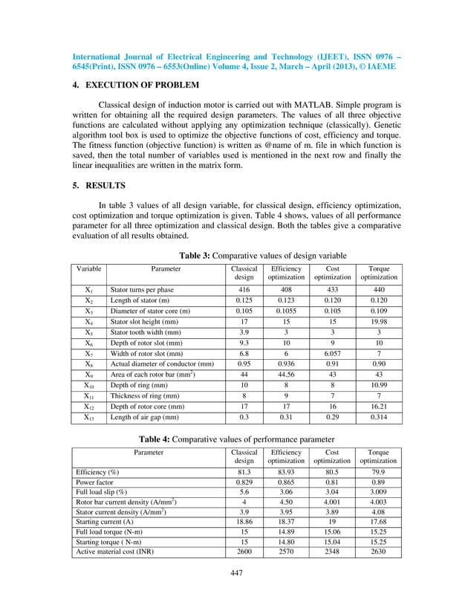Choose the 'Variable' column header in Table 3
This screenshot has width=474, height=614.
click(x=88, y=268)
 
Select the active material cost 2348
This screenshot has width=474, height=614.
click(x=333, y=553)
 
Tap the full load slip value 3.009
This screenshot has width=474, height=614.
click(x=379, y=496)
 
